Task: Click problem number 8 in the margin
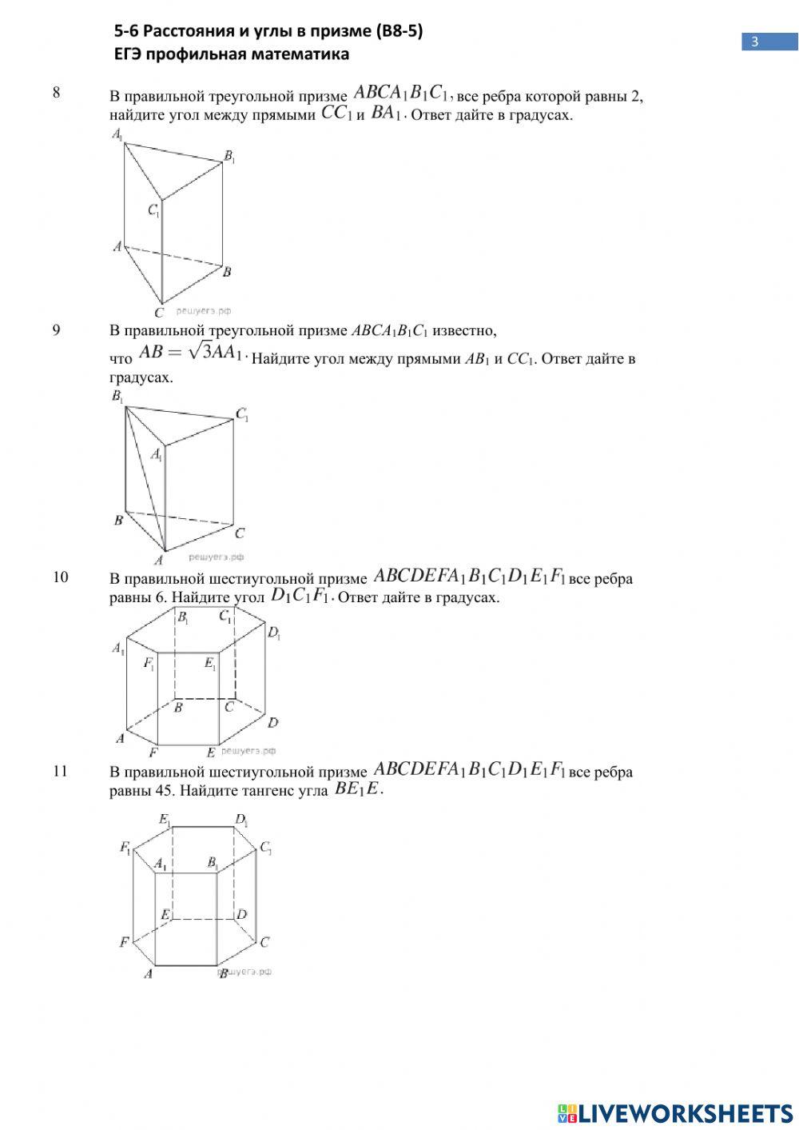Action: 56,93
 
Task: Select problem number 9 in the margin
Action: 56,329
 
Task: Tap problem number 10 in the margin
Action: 60,577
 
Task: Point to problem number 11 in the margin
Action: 60,772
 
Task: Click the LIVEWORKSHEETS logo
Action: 675,1113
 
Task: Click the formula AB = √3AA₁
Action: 190,353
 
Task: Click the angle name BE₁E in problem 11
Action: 359,790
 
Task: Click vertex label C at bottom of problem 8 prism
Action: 159,312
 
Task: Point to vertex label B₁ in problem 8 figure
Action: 229,157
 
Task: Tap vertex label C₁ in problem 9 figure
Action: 242,414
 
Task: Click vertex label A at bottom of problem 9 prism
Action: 158,560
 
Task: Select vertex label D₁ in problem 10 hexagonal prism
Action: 274,633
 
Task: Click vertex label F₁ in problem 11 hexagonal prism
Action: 125,848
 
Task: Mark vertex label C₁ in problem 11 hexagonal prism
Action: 266,848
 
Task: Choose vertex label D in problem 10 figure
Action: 272,722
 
